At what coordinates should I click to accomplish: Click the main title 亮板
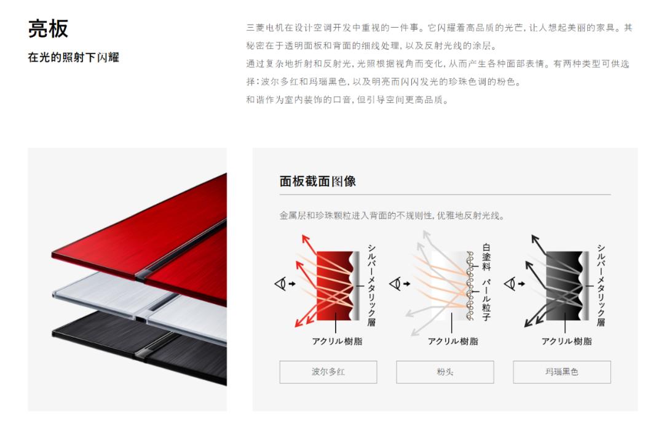(x=48, y=29)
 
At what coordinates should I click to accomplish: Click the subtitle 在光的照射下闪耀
(x=73, y=58)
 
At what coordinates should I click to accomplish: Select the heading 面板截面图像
(x=317, y=181)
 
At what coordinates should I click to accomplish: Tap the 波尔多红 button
(x=328, y=372)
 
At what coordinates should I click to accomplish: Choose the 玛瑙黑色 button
(x=561, y=372)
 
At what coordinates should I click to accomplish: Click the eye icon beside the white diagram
(x=395, y=284)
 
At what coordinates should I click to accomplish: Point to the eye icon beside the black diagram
(x=510, y=284)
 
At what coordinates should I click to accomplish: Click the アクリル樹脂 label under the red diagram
(x=337, y=341)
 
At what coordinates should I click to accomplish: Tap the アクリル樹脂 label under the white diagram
(x=453, y=341)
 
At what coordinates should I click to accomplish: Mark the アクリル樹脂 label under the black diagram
(x=566, y=341)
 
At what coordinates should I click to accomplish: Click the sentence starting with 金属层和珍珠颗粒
(x=392, y=215)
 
